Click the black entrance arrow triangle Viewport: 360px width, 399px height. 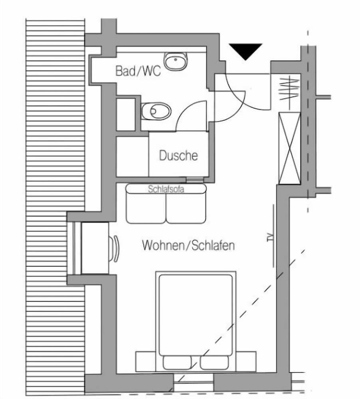245,51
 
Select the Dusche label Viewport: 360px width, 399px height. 178,155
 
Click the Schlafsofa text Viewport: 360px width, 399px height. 166,189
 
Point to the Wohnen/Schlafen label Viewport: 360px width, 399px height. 188,245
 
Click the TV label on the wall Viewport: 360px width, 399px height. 271,237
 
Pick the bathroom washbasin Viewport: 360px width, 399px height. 176,61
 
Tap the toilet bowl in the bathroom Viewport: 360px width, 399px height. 156,111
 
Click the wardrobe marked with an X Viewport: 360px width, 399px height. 290,148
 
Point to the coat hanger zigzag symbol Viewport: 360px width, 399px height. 289,89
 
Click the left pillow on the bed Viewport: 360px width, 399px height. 177,362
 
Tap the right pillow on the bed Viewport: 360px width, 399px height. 214,362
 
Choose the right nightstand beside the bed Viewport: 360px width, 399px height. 246,361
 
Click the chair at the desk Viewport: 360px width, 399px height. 114,249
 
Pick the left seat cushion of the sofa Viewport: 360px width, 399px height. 146,208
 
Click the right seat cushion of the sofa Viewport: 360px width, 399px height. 186,208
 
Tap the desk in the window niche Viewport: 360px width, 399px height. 95,248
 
